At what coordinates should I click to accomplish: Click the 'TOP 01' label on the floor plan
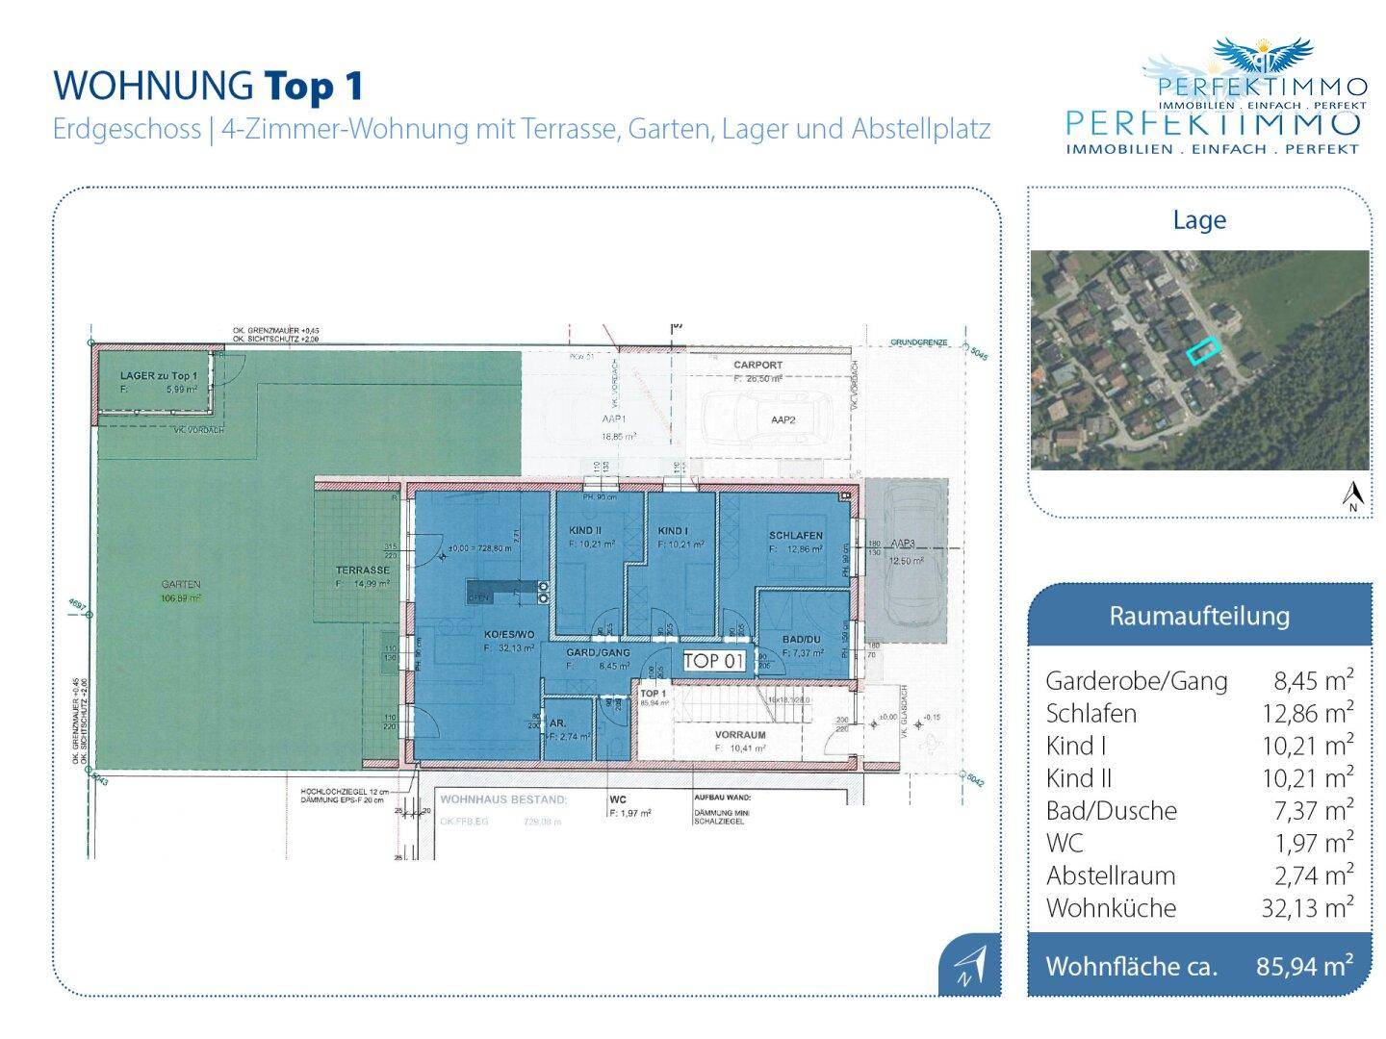point(714,661)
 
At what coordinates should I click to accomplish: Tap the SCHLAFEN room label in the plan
point(795,536)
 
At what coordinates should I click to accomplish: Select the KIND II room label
point(585,531)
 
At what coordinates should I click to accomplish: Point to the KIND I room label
point(673,531)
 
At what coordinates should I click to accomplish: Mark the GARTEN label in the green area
point(181,584)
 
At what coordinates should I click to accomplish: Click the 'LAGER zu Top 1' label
point(159,375)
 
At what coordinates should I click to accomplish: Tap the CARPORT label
point(757,366)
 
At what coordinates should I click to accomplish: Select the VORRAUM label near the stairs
point(739,735)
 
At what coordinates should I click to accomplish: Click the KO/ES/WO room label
point(509,635)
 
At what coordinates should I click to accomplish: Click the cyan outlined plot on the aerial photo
point(1201,352)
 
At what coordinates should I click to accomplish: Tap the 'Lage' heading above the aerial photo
point(1198,220)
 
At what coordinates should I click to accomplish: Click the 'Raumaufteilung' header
point(1198,616)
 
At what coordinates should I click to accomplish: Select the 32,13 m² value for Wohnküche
point(1307,907)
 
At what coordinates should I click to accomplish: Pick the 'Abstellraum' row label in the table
point(1110,875)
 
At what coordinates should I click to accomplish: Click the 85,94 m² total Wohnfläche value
point(1304,966)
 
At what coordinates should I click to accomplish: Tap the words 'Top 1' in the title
point(314,86)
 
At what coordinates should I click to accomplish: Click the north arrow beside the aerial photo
point(1352,495)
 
